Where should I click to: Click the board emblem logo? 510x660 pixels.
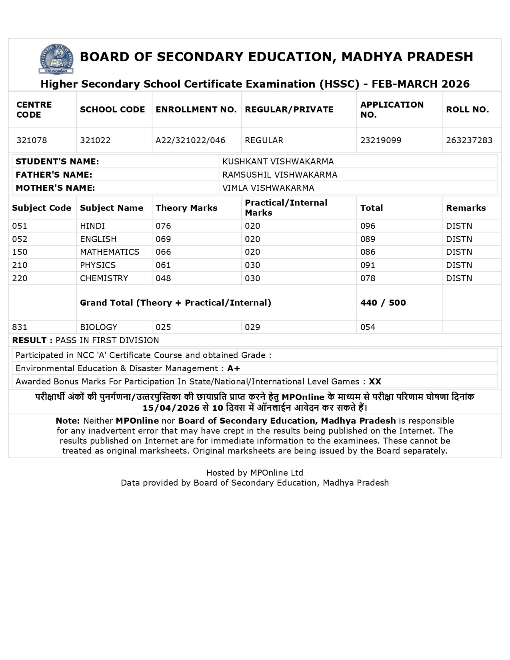pyautogui.click(x=56, y=59)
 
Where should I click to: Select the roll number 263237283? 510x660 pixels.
pyautogui.click(x=469, y=140)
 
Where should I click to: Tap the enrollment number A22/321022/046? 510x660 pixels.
pyautogui.click(x=190, y=140)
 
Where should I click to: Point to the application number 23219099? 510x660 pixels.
pyautogui.click(x=380, y=140)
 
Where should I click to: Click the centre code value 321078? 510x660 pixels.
pyautogui.click(x=32, y=140)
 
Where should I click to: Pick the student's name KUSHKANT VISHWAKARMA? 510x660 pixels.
pyautogui.click(x=278, y=162)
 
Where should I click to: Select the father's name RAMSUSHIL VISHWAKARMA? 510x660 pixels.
pyautogui.click(x=280, y=175)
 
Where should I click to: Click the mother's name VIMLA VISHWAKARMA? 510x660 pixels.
pyautogui.click(x=268, y=188)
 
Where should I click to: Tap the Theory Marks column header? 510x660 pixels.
pyautogui.click(x=186, y=208)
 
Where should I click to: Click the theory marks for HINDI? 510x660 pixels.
pyautogui.click(x=163, y=226)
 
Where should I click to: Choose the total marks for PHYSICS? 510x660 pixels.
pyautogui.click(x=368, y=265)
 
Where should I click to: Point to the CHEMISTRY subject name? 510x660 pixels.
pyautogui.click(x=104, y=278)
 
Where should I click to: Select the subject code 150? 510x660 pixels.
pyautogui.click(x=20, y=252)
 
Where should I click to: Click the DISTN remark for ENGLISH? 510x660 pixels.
pyautogui.click(x=459, y=239)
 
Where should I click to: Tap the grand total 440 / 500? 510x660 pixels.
pyautogui.click(x=383, y=303)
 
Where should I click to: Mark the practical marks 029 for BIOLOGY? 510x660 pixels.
pyautogui.click(x=252, y=327)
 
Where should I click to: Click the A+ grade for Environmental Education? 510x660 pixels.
pyautogui.click(x=234, y=368)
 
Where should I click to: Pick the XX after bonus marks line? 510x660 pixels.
pyautogui.click(x=375, y=382)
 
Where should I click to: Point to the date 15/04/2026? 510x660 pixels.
pyautogui.click(x=171, y=408)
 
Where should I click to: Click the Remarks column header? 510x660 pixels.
pyautogui.click(x=466, y=208)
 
